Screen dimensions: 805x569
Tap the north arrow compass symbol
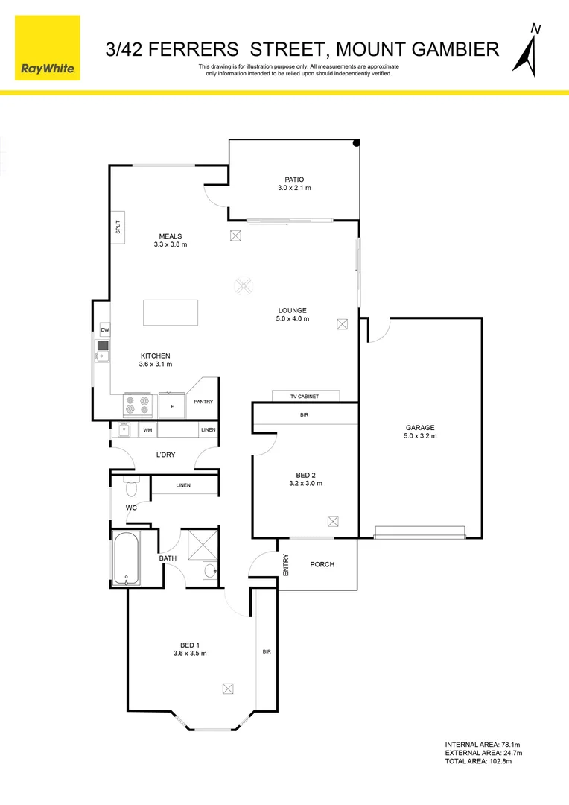533,50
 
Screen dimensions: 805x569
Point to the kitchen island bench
171,312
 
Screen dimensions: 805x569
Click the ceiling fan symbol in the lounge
244,284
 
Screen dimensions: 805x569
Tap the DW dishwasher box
105,330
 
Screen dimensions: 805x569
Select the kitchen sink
102,350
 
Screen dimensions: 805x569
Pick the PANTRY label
203,402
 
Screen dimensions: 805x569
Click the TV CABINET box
305,397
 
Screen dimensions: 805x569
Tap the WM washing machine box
147,430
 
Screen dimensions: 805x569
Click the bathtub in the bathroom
126,558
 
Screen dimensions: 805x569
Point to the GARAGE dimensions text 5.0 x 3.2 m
420,436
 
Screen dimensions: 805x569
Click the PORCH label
322,564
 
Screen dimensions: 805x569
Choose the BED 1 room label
189,645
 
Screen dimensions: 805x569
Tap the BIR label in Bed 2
304,414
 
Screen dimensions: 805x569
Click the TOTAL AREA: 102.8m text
478,761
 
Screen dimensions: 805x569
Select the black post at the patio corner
357,143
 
